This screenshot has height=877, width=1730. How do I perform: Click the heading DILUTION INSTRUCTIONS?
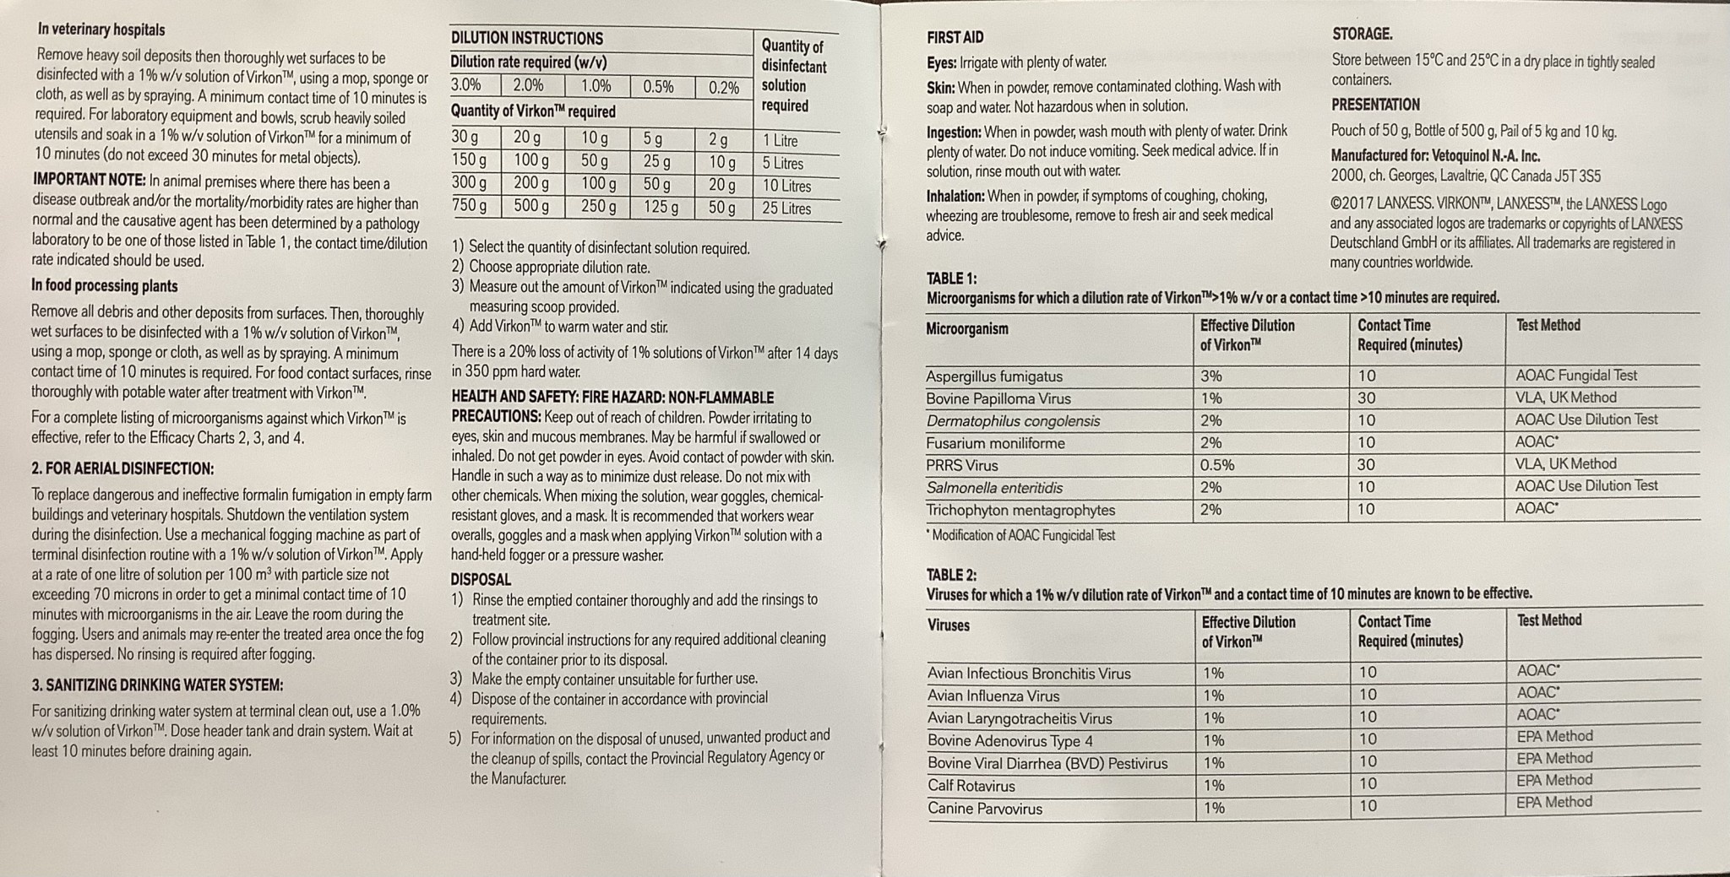pos(526,38)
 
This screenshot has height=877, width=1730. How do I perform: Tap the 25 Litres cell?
pos(786,208)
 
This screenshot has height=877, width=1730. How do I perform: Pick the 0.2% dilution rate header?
pos(724,87)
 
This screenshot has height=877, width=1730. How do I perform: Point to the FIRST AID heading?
pos(955,37)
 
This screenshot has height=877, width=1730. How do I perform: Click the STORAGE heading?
pos(1362,34)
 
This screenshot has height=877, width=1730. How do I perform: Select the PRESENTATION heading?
pos(1375,105)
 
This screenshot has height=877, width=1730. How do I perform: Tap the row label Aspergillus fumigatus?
pos(993,376)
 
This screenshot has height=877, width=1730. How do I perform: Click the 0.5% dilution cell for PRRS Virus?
pos(1216,465)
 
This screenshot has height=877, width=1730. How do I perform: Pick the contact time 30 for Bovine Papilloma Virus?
pos(1366,398)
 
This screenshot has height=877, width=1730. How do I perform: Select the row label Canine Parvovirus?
pos(984,809)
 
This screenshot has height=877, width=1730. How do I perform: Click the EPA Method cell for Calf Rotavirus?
pos(1553,781)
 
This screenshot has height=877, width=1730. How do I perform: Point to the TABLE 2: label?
pos(951,575)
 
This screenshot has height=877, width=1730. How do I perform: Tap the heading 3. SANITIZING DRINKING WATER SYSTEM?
pos(157,685)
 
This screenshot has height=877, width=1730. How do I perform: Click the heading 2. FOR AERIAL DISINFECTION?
pos(122,468)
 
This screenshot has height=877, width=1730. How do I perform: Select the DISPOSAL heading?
pos(480,579)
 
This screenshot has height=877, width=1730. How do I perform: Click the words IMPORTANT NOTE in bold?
pos(89,181)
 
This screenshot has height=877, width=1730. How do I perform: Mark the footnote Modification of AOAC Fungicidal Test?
pos(1023,535)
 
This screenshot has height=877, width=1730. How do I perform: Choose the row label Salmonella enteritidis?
pos(994,488)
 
